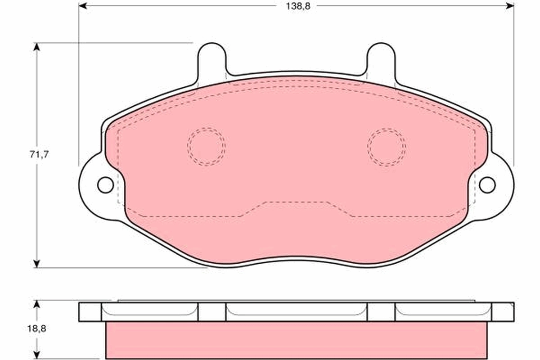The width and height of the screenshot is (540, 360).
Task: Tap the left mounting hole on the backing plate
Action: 105,184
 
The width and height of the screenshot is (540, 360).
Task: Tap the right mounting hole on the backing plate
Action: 487,184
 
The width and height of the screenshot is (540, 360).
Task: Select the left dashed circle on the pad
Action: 206,146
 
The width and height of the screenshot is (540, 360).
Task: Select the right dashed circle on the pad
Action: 386,146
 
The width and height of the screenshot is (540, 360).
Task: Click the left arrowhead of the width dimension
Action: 82,6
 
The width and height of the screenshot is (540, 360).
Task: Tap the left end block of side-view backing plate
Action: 90,312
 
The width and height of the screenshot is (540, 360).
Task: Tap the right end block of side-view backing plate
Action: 502,312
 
